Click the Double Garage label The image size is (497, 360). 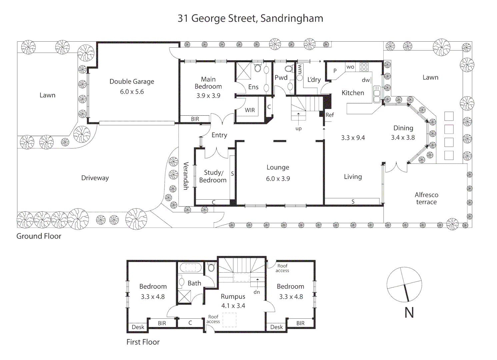coord(132,82)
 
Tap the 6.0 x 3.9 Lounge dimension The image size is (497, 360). coord(278,179)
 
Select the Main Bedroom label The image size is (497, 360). coord(208,83)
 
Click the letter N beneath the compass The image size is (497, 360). coord(409,313)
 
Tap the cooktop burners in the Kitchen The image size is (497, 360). coord(364,67)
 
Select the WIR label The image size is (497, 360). coord(250,110)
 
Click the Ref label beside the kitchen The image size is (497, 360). coord(329,115)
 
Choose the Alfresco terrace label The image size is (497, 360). coord(426,198)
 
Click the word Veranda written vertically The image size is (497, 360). coord(186,176)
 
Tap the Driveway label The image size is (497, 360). coord(95,178)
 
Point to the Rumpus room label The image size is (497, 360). coord(233,296)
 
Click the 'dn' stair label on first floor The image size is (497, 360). coord(257,292)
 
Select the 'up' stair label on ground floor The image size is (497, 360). coord(298,128)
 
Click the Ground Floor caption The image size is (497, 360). coord(39,236)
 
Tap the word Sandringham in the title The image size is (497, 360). coord(292,18)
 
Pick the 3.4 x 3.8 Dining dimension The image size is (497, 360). coord(403,137)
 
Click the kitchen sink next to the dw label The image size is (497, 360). coord(377,94)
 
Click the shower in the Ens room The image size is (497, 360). coord(244,71)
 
